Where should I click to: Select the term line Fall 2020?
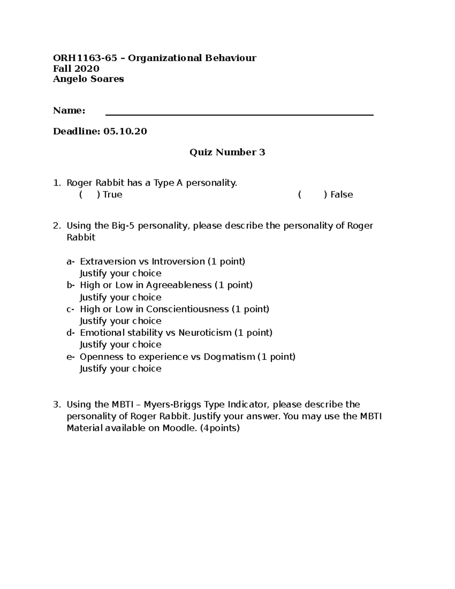click(x=76, y=69)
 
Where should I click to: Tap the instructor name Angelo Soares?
click(x=88, y=79)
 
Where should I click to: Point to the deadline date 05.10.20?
click(x=125, y=132)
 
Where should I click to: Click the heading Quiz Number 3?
click(x=227, y=152)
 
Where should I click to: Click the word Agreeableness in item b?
click(x=179, y=285)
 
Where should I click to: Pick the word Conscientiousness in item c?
click(x=187, y=309)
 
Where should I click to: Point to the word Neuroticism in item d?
click(x=205, y=333)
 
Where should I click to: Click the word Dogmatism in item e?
click(x=229, y=357)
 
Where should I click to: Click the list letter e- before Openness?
click(x=71, y=357)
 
